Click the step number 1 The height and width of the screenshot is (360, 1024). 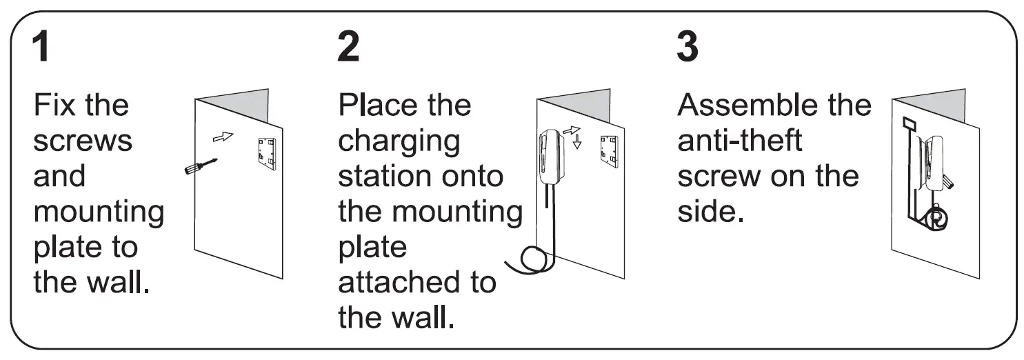point(42,48)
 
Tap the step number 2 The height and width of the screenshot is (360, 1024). point(348,48)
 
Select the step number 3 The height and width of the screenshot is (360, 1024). point(687,48)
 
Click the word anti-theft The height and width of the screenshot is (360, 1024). point(739,141)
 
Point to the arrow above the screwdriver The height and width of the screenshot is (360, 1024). point(222,137)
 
